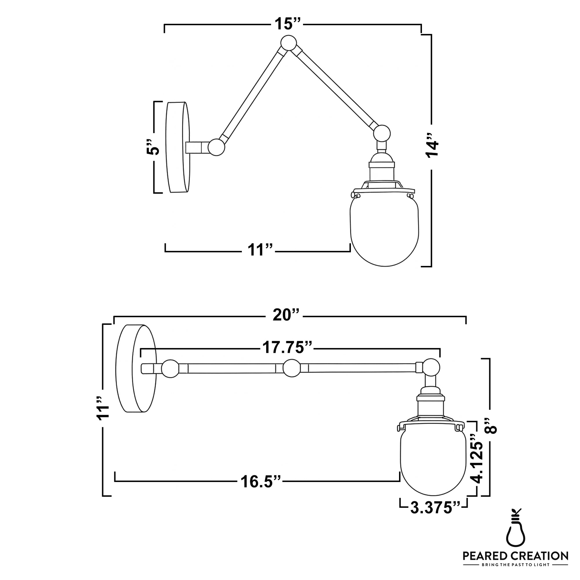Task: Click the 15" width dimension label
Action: point(287,23)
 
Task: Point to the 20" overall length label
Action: point(286,315)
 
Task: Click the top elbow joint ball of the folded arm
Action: point(289,43)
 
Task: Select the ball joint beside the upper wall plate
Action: point(216,147)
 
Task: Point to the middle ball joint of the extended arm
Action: point(292,368)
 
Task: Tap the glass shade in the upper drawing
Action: point(385,231)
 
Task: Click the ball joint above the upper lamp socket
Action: point(382,133)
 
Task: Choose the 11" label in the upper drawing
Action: point(260,250)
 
